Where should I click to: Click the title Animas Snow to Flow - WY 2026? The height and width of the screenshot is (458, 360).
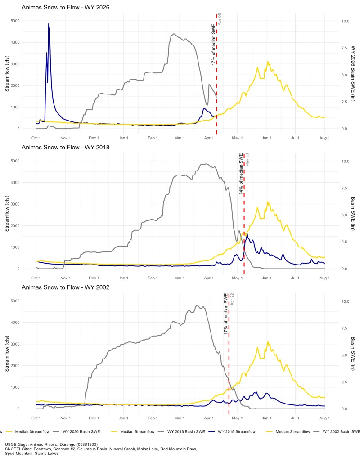tap(65, 7)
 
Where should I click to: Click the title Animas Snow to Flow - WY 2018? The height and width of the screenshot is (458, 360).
tap(65, 147)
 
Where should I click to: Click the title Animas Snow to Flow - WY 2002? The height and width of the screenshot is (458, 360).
tap(65, 287)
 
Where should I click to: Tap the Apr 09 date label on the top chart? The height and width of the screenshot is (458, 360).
tap(220, 19)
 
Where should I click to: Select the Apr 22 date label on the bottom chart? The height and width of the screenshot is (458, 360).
tap(232, 299)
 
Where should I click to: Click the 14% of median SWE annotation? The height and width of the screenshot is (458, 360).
tap(241, 174)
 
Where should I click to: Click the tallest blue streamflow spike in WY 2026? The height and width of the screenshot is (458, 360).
tap(49, 24)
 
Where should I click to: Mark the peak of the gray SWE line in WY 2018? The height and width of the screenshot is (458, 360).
tap(206, 164)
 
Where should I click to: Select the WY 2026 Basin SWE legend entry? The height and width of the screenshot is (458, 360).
tap(77, 432)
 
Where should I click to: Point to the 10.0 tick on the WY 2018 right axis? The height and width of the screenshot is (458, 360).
tap(345, 161)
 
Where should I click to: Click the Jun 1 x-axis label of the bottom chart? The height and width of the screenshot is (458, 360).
tap(267, 418)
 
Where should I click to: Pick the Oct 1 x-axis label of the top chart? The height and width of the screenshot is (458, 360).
tap(36, 138)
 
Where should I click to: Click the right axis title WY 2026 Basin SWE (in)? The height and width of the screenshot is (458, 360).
tap(353, 74)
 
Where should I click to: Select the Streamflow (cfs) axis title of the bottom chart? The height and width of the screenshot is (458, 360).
tap(7, 354)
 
